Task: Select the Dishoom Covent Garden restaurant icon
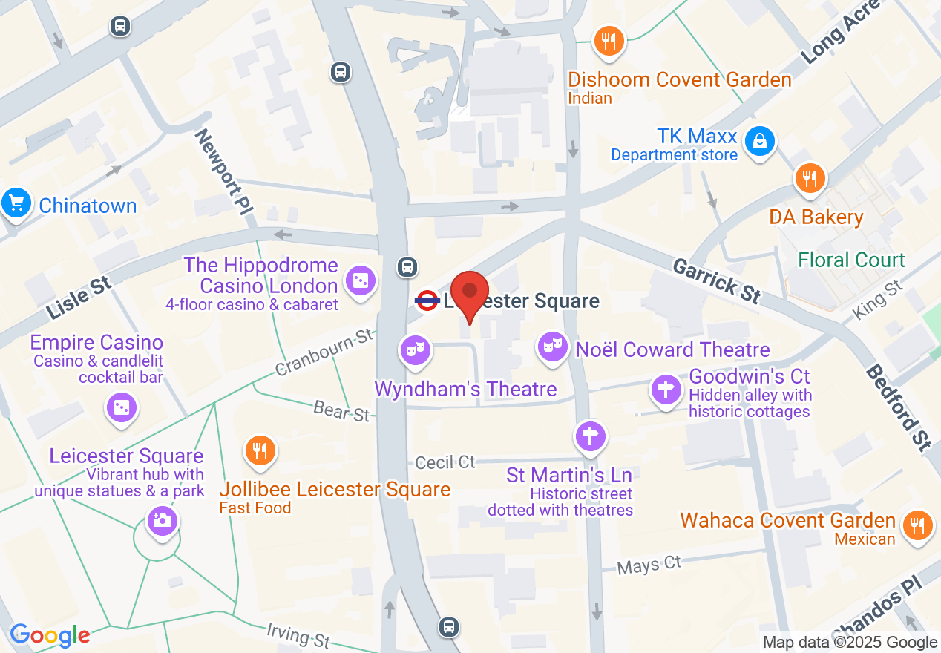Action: tap(609, 41)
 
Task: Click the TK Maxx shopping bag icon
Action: tap(760, 141)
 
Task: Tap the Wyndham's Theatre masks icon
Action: tap(414, 350)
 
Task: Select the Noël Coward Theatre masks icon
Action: tap(552, 347)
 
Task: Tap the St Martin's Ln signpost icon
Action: tap(591, 436)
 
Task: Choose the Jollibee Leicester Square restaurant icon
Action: tap(260, 450)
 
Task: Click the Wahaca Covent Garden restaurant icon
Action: tap(917, 525)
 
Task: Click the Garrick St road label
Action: tap(716, 280)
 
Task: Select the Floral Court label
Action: tap(851, 260)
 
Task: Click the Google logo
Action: tap(50, 635)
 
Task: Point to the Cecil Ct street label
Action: tap(445, 462)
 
